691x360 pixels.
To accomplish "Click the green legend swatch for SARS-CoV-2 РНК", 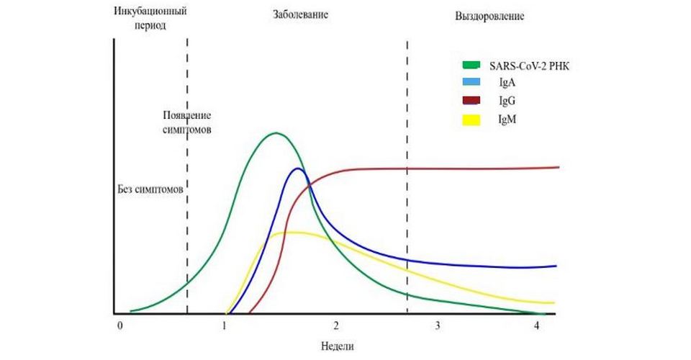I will pos(471,66).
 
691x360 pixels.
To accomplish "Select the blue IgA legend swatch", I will pos(471,84).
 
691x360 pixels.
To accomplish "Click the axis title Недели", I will pos(338,346).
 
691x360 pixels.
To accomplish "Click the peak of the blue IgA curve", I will pos(297,168).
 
